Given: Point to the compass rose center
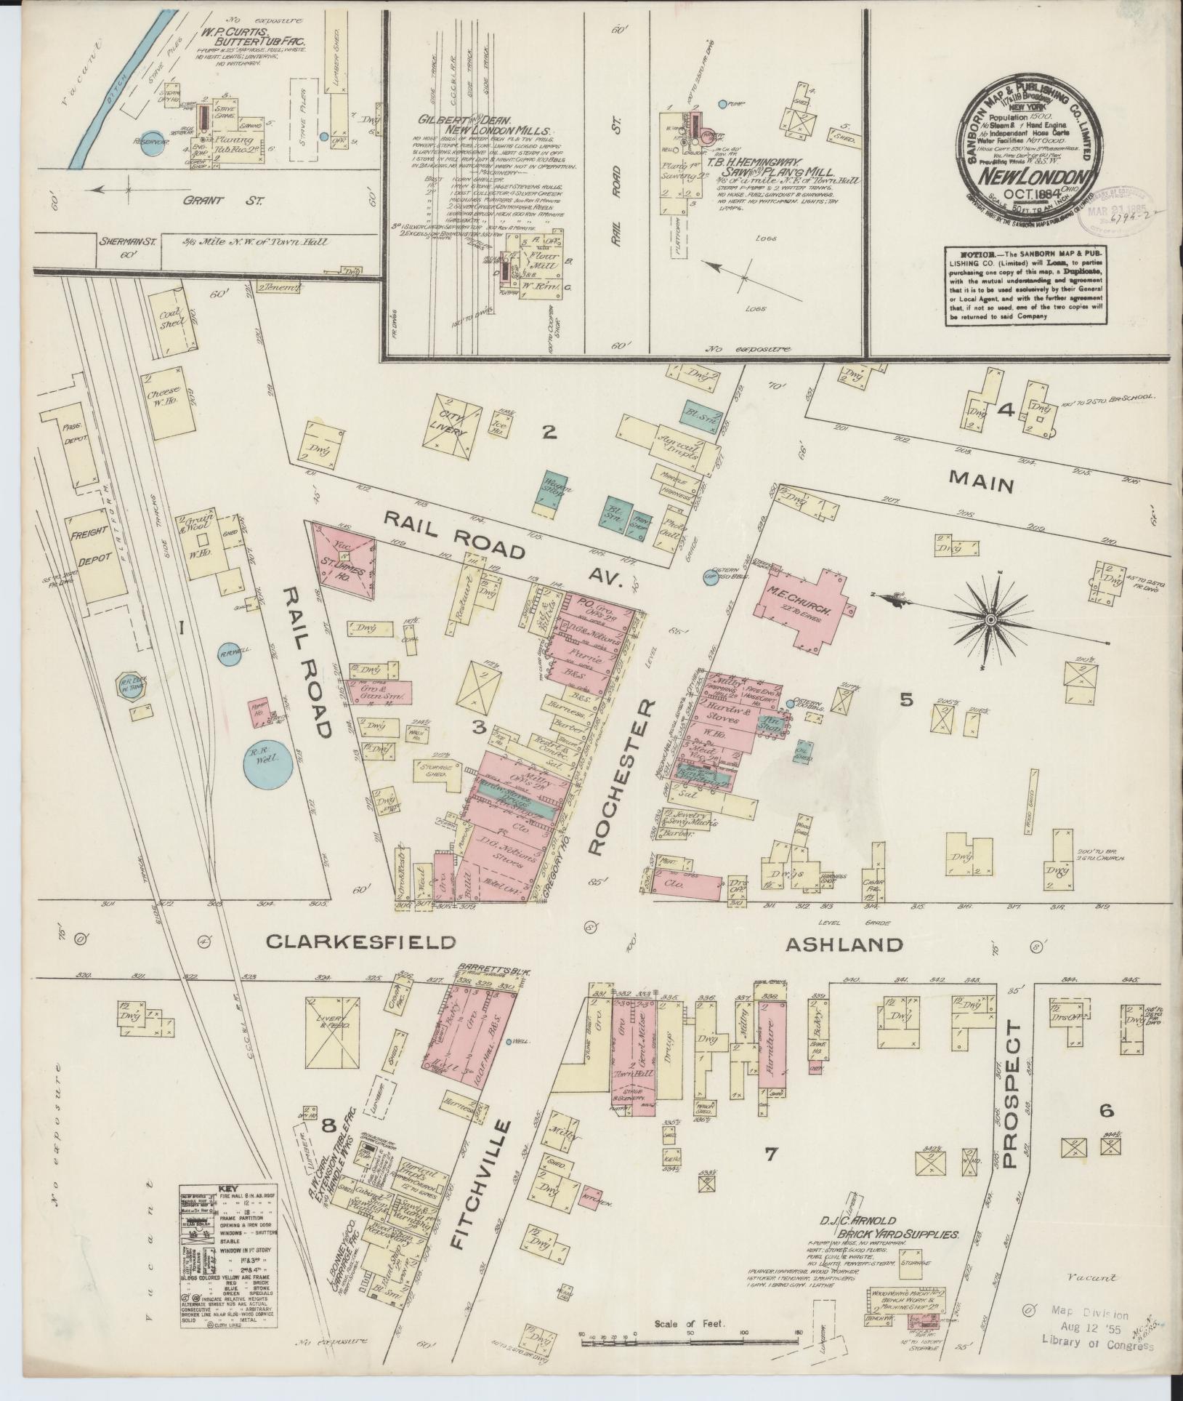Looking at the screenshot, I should click(x=990, y=618).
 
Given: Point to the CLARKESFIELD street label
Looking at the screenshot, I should click(x=360, y=942).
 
